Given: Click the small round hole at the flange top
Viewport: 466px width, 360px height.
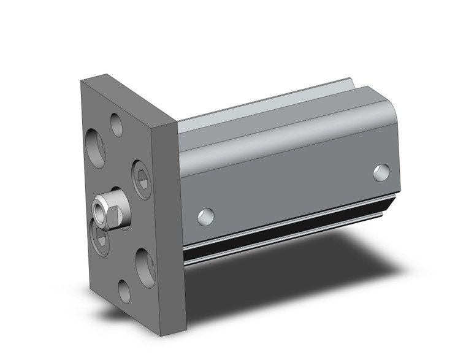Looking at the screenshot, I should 116,124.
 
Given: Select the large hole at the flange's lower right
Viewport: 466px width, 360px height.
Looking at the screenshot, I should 145,267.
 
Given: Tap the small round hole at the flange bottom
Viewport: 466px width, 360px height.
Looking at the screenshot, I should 124,291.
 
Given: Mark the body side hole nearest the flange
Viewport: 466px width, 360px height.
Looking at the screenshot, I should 206,215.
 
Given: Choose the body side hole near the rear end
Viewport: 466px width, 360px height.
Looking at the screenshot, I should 381,172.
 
